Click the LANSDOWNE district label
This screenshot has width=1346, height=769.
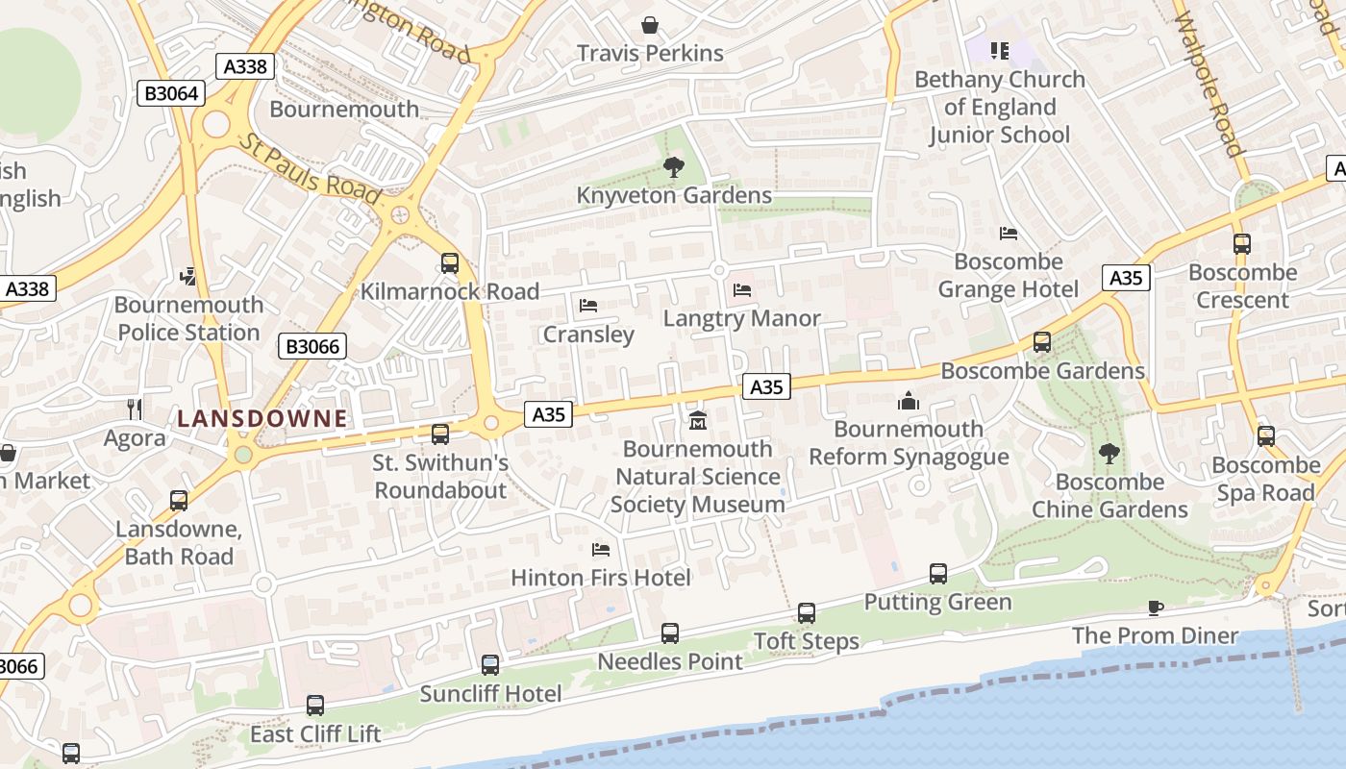tap(262, 418)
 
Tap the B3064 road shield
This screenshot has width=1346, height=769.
tap(171, 93)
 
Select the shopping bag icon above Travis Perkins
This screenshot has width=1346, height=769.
tap(650, 24)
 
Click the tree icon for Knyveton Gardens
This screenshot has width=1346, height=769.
tap(674, 167)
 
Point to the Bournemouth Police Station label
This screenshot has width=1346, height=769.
tap(188, 318)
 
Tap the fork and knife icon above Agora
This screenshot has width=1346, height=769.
tap(135, 409)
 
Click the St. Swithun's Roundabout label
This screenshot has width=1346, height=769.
tap(440, 476)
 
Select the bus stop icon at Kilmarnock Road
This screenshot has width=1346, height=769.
tap(449, 263)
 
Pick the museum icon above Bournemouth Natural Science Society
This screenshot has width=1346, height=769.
tap(697, 420)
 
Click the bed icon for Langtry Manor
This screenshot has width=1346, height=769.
tap(741, 289)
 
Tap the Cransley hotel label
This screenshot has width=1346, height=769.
tap(588, 334)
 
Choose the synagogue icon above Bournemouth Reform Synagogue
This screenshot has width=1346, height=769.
tap(908, 401)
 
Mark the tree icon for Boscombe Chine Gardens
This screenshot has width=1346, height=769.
tap(1109, 453)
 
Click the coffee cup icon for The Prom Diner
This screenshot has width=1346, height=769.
tap(1156, 608)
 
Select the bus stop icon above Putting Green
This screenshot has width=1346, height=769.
tap(938, 574)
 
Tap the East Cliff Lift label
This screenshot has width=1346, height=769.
tap(315, 734)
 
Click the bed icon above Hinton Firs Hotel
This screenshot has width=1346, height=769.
tap(601, 549)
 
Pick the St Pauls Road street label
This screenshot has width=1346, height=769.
tap(311, 168)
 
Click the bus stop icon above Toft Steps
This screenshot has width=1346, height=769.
tap(807, 612)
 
